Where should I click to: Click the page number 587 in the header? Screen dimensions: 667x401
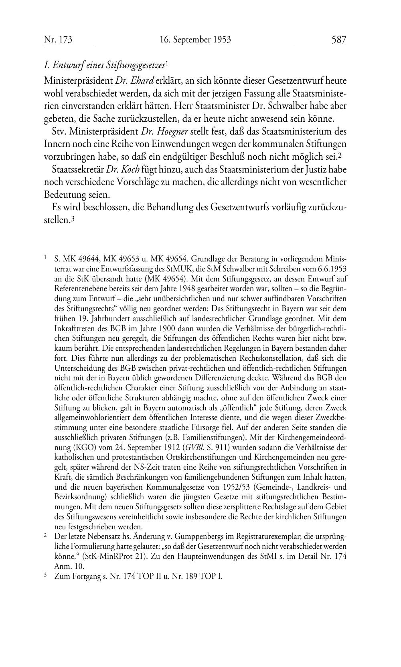point(338,40)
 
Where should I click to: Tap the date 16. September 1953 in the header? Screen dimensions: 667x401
point(195,40)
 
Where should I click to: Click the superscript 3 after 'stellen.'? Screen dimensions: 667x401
point(73,219)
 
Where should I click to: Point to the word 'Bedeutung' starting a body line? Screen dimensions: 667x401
point(63,195)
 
